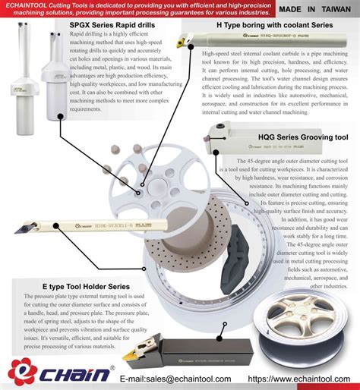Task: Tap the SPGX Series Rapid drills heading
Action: coord(112,26)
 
